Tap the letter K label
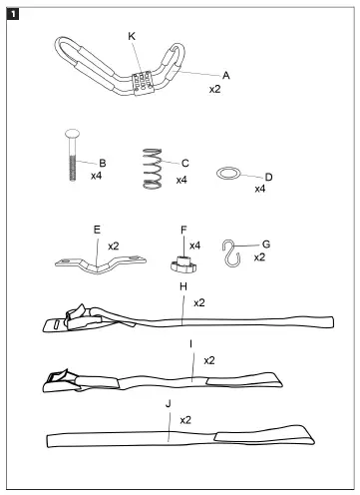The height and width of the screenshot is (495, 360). pos(132,36)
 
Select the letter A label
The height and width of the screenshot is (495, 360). pos(226,75)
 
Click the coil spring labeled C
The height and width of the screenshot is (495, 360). pos(152,167)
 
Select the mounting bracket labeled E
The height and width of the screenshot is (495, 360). pos(96,263)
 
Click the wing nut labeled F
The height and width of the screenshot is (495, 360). pos(181,265)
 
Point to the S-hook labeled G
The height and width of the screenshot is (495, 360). pos(232,254)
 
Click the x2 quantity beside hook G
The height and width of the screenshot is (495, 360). pos(259,256)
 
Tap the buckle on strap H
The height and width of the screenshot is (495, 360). pos(71,318)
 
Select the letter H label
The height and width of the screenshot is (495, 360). pos(182,286)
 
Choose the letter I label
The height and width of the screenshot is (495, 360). pos(190,344)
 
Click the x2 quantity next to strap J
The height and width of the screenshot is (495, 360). pos(186,420)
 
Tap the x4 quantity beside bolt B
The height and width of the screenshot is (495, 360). pos(97,176)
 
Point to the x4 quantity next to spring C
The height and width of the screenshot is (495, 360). pos(181,180)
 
